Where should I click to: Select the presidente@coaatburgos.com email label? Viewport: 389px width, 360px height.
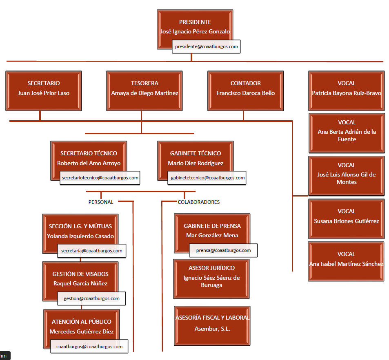(x=206, y=47)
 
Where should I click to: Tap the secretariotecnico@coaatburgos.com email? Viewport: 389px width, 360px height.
(x=100, y=178)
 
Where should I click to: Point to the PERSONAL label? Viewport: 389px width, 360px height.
(x=101, y=202)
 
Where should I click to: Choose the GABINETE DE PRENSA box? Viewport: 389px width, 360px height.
(x=212, y=230)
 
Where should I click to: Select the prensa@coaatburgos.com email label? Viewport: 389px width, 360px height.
(x=223, y=250)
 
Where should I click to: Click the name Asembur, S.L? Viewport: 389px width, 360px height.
(x=212, y=329)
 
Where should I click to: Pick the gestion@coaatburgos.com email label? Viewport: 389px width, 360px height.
(x=91, y=298)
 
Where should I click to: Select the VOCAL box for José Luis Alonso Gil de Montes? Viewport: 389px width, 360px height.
(x=347, y=173)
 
